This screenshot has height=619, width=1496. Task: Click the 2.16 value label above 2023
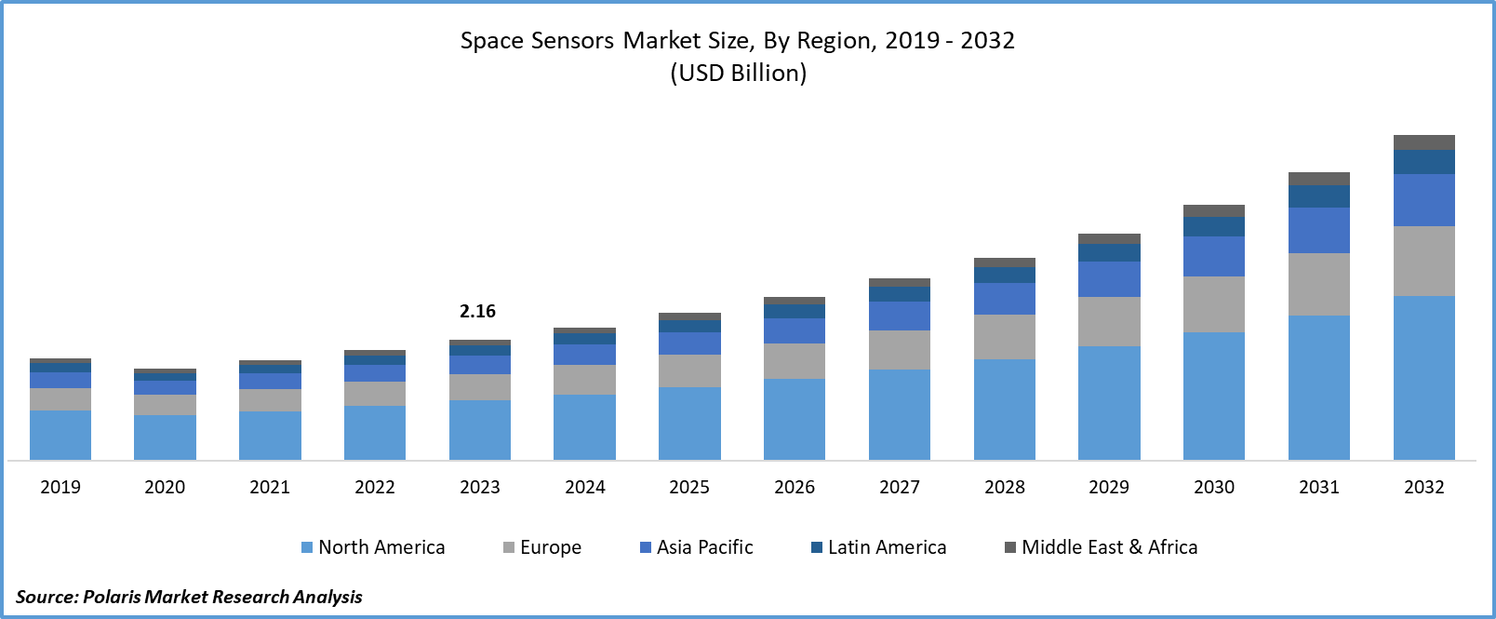pyautogui.click(x=477, y=311)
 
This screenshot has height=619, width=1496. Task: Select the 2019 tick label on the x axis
pyautogui.click(x=60, y=487)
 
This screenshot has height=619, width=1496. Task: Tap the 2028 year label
pyautogui.click(x=1005, y=487)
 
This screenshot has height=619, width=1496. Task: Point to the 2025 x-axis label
pyautogui.click(x=689, y=487)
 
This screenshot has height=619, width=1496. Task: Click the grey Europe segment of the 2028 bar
pyautogui.click(x=1005, y=337)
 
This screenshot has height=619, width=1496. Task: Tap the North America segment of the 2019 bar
pyautogui.click(x=60, y=435)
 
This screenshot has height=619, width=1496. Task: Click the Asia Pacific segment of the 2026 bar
pyautogui.click(x=795, y=330)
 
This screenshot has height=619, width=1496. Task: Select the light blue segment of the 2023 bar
pyautogui.click(x=480, y=429)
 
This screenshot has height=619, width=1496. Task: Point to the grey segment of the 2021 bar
pyautogui.click(x=270, y=400)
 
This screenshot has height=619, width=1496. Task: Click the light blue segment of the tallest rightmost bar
pyautogui.click(x=1424, y=377)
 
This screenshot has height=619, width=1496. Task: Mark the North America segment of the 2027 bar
pyautogui.click(x=900, y=414)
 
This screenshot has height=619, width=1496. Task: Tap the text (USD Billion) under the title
pyautogui.click(x=739, y=74)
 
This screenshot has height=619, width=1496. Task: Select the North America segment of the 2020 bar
pyautogui.click(x=165, y=437)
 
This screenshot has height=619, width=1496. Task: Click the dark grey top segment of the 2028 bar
pyautogui.click(x=1005, y=262)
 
